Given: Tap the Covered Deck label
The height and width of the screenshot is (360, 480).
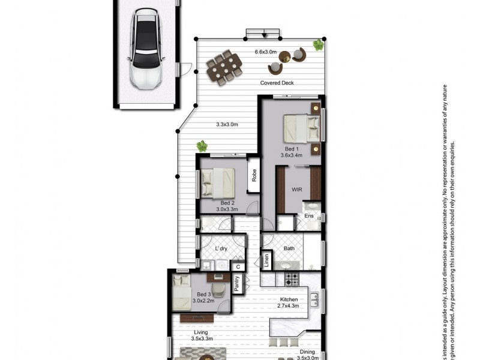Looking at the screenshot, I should click(x=277, y=83).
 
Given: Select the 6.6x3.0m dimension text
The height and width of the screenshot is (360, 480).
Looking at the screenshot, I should click(x=265, y=52).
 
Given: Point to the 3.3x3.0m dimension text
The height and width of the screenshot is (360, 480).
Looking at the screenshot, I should click(x=227, y=125).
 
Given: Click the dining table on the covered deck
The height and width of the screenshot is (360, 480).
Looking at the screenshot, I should click(x=224, y=67).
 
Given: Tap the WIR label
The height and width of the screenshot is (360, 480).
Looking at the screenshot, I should click(x=296, y=190).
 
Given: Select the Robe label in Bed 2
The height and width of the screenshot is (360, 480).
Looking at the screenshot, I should click(x=254, y=175).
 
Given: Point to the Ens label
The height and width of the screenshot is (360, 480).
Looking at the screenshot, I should click(x=309, y=215).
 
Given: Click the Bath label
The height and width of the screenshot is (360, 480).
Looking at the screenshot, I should click(x=289, y=248).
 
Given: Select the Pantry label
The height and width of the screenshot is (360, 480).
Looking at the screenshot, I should click(x=237, y=284).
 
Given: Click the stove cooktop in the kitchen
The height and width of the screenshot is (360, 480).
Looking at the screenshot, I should click(x=292, y=279).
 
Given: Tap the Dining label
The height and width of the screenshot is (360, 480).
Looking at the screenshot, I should click(x=308, y=352).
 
